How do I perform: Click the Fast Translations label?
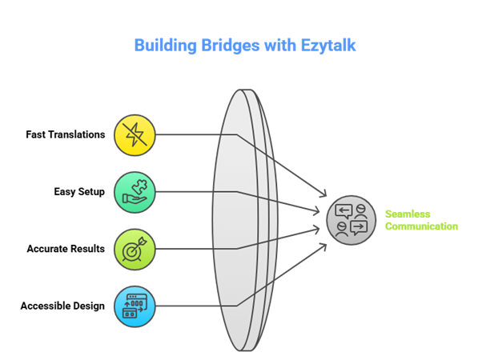click(x=65, y=134)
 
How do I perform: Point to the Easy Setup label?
click(x=79, y=192)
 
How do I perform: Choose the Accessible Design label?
click(x=62, y=306)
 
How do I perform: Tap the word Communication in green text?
click(x=422, y=226)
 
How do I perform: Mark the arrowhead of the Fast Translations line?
click(x=325, y=194)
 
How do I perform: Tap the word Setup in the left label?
click(x=91, y=192)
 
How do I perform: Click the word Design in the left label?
click(x=88, y=306)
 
